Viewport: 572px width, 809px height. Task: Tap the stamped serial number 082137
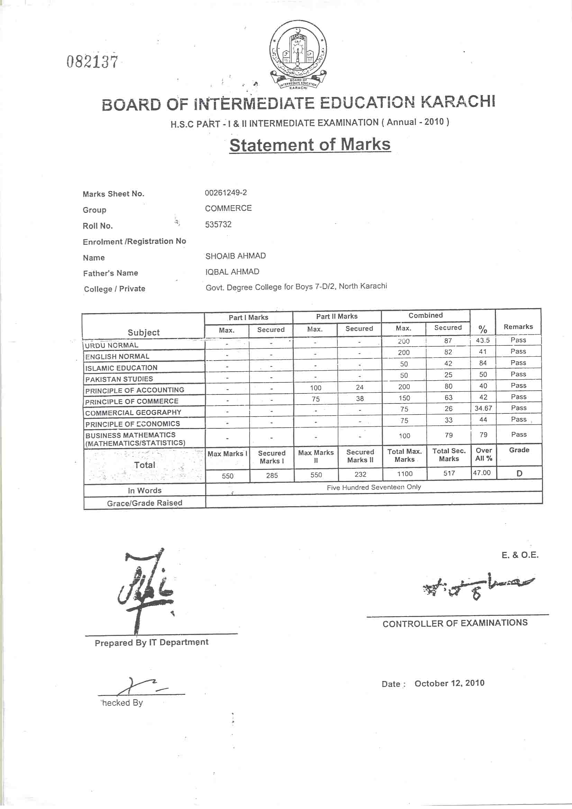(x=92, y=62)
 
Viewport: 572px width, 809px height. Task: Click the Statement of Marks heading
(x=310, y=145)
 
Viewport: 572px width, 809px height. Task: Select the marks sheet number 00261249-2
(x=226, y=193)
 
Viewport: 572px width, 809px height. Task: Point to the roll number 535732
(x=218, y=225)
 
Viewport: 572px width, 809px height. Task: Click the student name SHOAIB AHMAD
(x=235, y=256)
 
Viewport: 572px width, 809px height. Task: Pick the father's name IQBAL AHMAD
(x=232, y=272)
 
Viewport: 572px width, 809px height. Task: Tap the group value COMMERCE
(x=228, y=208)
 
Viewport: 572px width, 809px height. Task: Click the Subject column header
(x=144, y=332)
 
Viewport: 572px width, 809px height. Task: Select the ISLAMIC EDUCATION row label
(x=121, y=368)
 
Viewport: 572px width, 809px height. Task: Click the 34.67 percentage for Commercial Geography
(x=483, y=408)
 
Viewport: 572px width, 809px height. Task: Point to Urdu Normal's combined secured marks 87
(x=448, y=341)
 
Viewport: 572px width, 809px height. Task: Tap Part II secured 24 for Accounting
(x=360, y=387)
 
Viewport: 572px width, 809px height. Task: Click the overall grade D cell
(x=519, y=474)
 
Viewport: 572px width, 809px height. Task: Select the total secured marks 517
(x=449, y=473)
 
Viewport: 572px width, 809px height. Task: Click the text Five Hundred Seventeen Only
(x=374, y=487)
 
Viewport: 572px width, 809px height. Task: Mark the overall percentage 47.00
(x=482, y=473)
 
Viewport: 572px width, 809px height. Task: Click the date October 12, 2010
(x=450, y=683)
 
